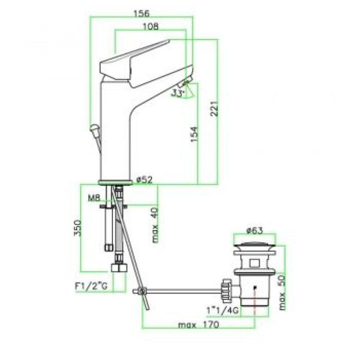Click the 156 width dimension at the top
click(x=141, y=13)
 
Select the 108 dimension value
click(x=150, y=26)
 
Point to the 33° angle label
click(x=178, y=93)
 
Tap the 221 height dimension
click(x=214, y=108)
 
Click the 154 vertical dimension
click(x=194, y=134)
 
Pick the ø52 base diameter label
click(x=144, y=180)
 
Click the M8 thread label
click(x=94, y=198)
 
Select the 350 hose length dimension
click(x=78, y=228)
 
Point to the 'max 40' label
click(x=155, y=225)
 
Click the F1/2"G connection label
click(x=91, y=286)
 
